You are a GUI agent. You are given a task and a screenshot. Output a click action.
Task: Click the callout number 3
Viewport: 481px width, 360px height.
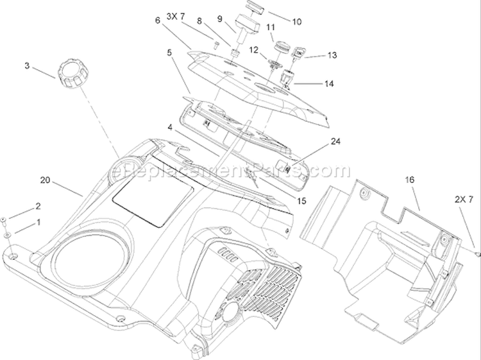28,65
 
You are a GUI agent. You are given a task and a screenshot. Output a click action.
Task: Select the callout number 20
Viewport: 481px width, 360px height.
45,180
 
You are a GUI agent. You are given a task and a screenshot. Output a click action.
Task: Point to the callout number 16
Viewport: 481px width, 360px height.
410,180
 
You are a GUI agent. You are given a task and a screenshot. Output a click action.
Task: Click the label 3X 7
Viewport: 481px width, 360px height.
176,16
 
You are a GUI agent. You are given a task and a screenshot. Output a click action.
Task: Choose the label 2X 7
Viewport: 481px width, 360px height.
464,200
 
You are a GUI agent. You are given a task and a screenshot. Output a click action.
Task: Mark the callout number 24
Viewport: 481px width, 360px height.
335,141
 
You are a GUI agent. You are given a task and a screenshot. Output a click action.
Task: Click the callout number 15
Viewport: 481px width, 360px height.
301,201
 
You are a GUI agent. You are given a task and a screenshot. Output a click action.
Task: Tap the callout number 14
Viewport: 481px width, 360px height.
329,83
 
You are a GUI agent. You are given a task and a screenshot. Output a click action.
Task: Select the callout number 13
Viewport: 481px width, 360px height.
332,55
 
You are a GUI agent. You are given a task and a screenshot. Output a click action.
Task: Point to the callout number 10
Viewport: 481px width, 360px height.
297,22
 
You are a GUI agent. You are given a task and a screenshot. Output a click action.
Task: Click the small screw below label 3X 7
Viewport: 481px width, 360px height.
215,44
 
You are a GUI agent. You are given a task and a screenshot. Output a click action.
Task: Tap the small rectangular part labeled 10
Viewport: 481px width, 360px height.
255,7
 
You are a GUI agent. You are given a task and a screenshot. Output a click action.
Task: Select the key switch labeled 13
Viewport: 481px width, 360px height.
296,52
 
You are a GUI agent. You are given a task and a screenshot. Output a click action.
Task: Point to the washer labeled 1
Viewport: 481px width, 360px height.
7,236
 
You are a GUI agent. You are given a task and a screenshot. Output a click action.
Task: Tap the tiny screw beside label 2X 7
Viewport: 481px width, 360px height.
477,254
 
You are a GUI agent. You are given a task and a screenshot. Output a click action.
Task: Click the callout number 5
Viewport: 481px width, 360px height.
170,52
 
